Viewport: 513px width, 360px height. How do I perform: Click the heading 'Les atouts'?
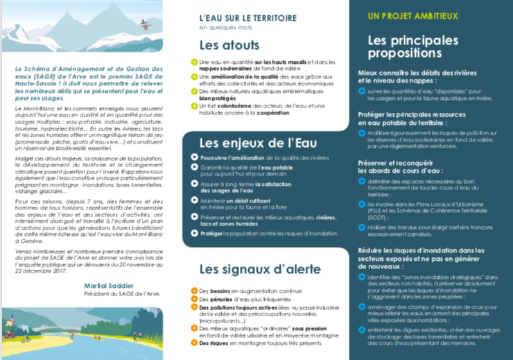point(225,45)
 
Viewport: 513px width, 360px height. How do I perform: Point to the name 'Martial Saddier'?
point(110,285)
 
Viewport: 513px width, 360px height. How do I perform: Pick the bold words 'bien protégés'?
point(214,98)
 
